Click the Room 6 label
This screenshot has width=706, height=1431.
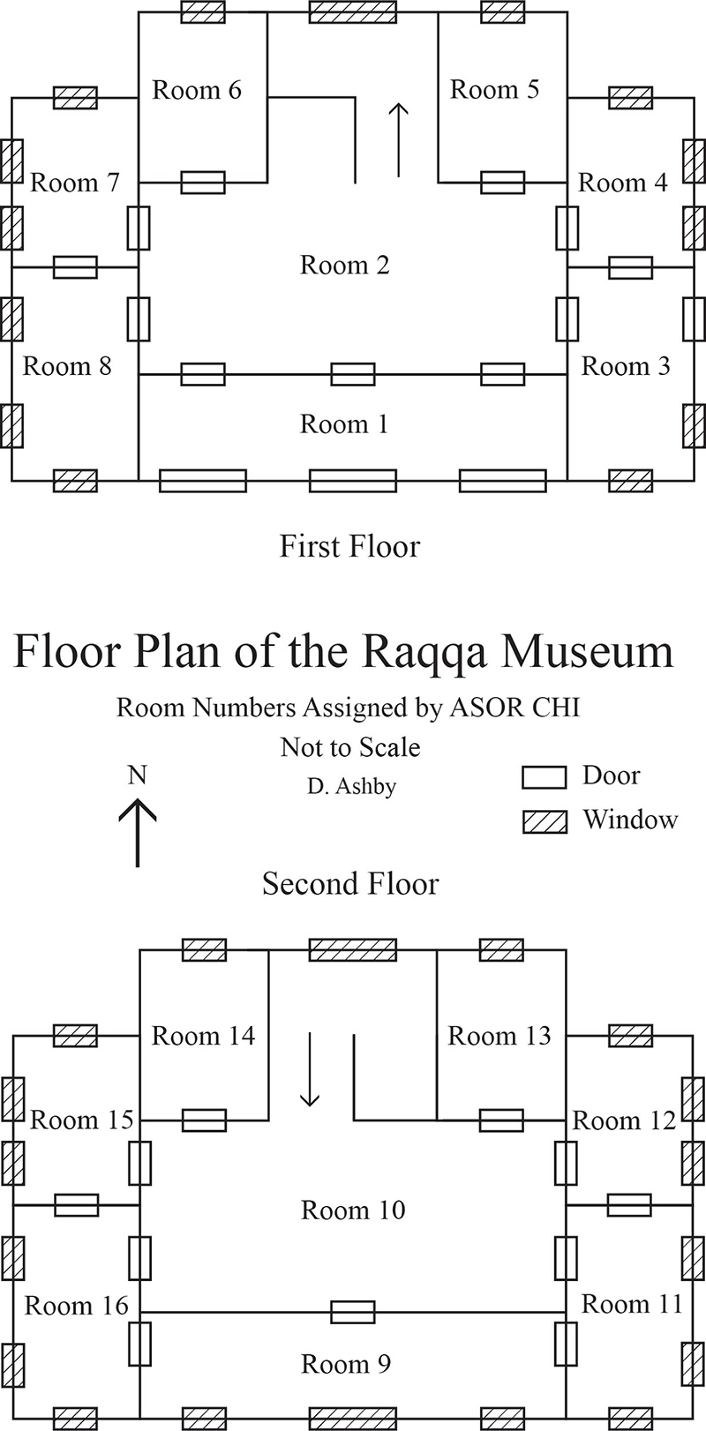(197, 90)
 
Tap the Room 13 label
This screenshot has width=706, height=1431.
(499, 1036)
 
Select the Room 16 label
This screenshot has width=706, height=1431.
(76, 1305)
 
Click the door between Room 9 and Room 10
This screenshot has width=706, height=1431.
(353, 1312)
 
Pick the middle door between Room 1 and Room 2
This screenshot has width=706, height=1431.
(353, 374)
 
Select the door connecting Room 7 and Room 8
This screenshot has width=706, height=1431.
(75, 267)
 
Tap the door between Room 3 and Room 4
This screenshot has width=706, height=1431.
(631, 267)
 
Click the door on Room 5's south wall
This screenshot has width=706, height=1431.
(503, 183)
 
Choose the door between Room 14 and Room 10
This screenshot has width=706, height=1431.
(204, 1120)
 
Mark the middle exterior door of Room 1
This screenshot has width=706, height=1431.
(353, 481)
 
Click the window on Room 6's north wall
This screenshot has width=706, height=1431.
(203, 11)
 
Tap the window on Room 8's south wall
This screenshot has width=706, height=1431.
(75, 481)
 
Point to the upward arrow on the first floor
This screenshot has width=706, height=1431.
(399, 139)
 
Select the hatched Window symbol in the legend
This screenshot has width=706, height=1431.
(545, 821)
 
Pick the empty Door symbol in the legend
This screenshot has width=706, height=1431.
(545, 777)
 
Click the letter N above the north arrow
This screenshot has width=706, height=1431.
(138, 775)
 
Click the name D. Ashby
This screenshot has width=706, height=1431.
(351, 786)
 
